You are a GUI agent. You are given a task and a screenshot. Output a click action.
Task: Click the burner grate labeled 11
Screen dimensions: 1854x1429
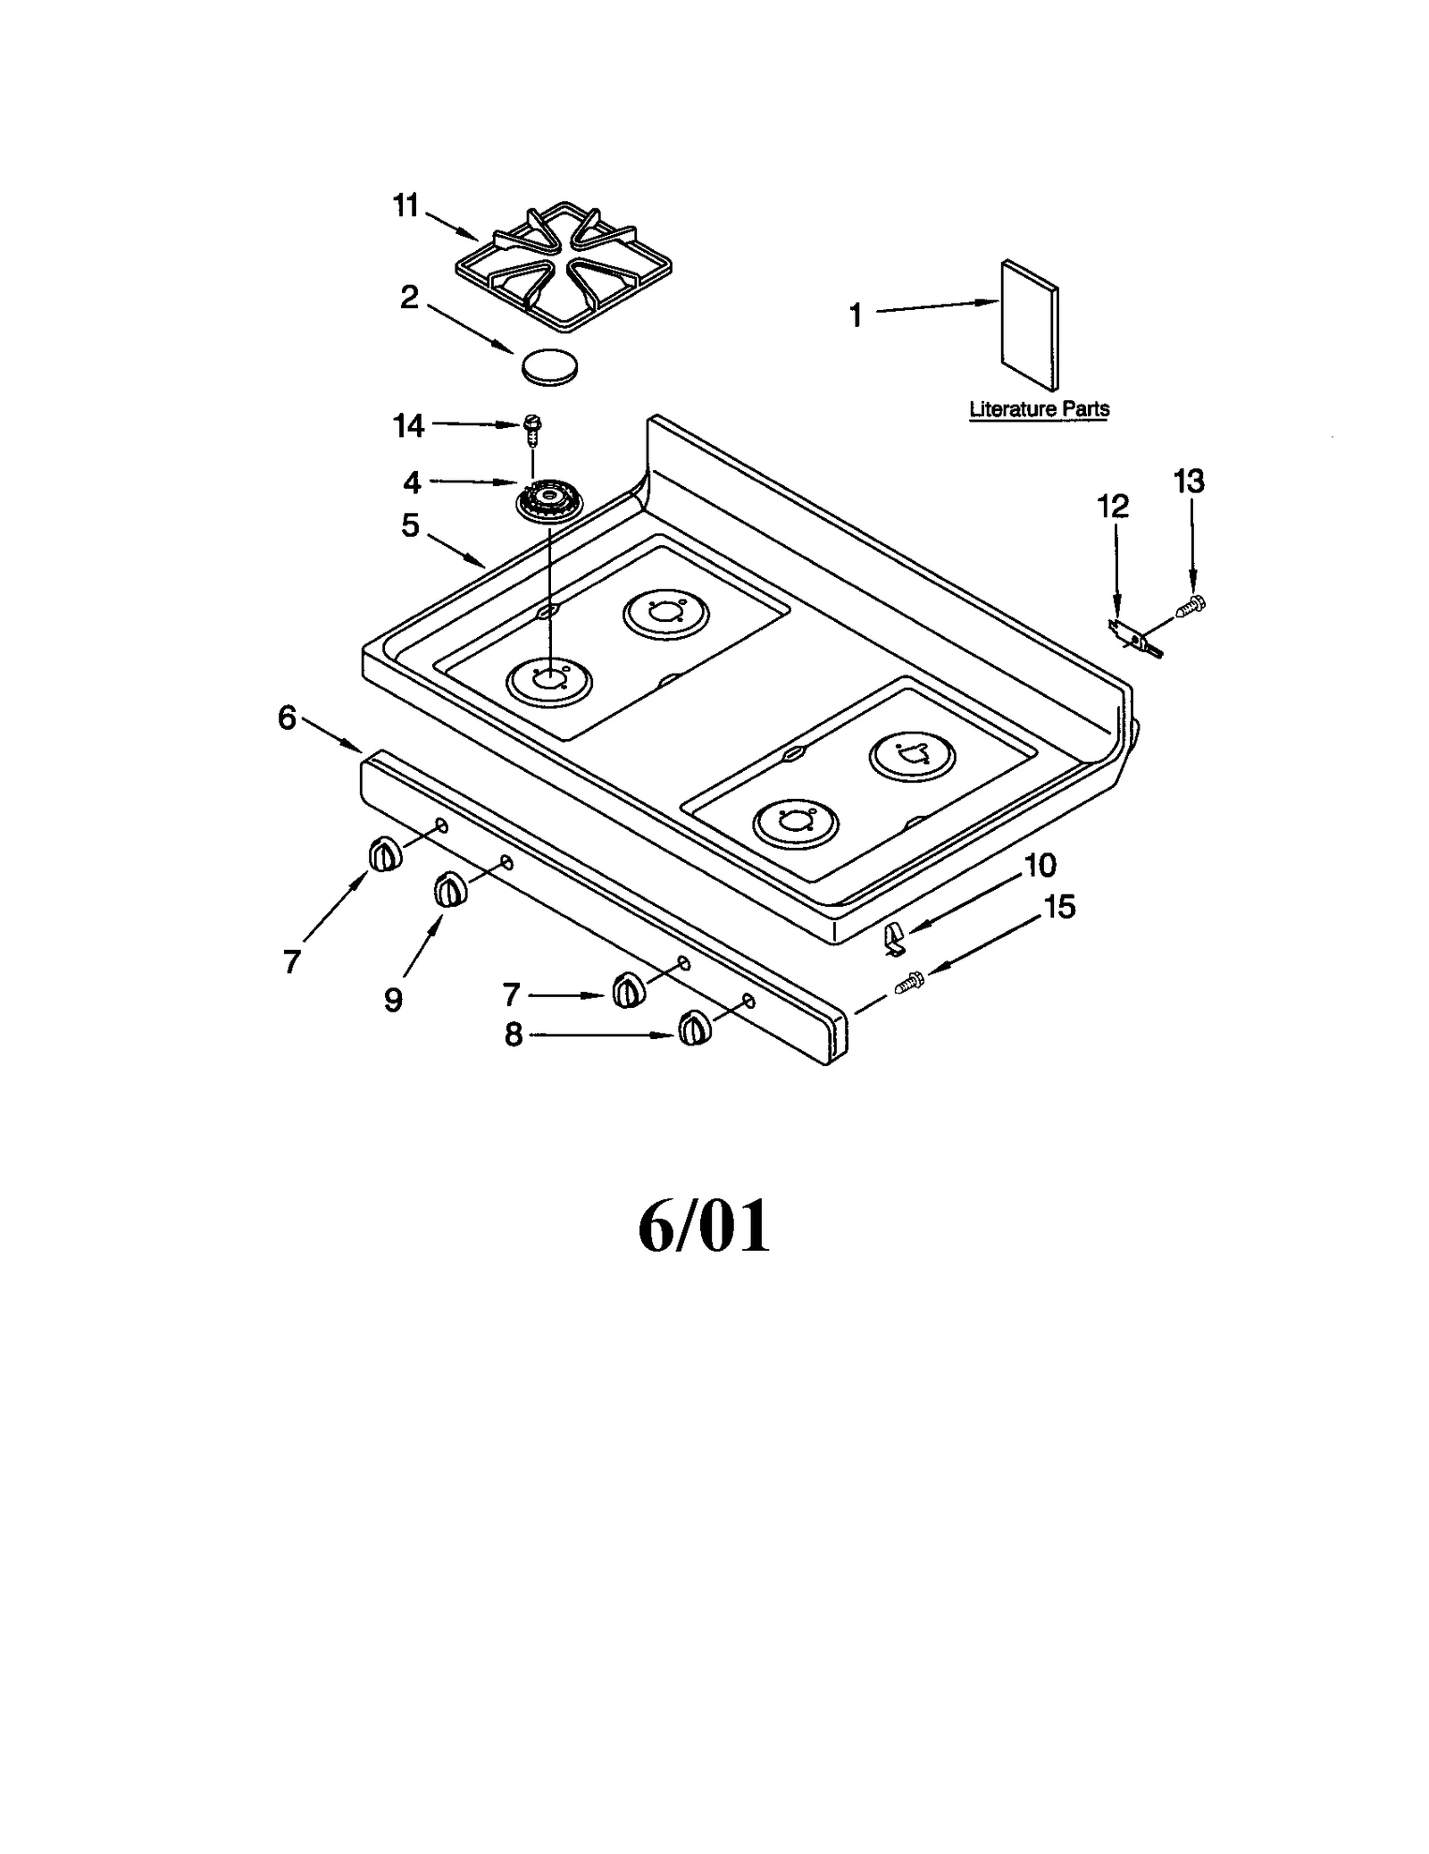564,267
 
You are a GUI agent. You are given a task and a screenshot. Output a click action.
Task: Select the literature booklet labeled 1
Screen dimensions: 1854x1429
1030,326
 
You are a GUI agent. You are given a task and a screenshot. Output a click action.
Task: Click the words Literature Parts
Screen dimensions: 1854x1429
1039,409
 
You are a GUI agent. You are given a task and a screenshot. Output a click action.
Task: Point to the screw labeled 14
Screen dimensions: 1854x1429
532,430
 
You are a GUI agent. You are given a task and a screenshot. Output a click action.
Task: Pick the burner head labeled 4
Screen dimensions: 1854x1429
547,503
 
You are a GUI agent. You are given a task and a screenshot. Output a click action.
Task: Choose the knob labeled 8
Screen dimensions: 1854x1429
694,1028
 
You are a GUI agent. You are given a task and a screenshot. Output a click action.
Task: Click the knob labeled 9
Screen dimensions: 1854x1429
449,891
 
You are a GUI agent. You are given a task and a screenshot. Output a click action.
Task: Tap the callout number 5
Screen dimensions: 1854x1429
410,525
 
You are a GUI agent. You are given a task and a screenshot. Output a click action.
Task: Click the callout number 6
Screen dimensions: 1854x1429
287,717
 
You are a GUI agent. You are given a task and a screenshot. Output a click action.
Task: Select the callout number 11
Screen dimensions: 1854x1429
405,206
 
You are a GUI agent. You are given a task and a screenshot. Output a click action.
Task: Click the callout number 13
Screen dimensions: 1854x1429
1189,482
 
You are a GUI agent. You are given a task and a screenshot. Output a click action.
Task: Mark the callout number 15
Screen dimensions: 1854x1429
1059,907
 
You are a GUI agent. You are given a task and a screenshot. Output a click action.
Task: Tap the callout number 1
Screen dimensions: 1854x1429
856,315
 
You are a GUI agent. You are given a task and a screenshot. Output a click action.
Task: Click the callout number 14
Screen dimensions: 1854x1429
408,426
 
